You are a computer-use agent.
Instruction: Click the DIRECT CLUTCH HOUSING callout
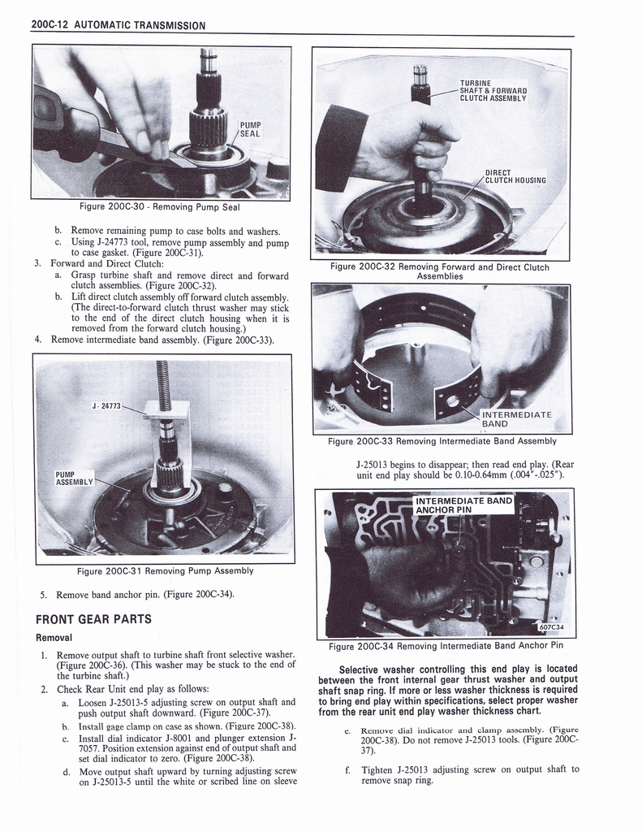515,176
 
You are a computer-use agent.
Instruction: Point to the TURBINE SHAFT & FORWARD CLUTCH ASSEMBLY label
493,90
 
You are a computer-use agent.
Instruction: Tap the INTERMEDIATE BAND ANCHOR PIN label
463,505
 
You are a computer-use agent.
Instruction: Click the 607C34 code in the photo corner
549,626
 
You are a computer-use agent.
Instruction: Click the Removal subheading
54,637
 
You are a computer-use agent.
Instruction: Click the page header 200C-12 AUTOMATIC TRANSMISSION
118,24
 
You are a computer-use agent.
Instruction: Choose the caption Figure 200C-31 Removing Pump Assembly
165,570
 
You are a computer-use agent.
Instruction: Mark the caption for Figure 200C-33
442,441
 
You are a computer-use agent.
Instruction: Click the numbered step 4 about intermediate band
161,340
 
